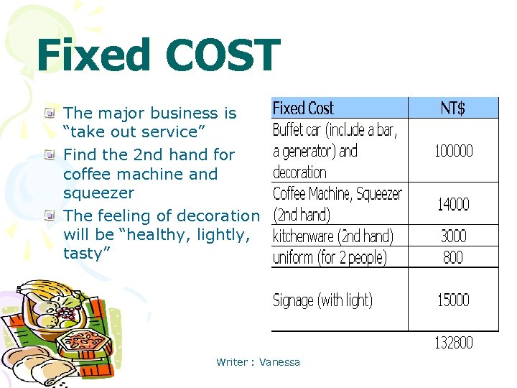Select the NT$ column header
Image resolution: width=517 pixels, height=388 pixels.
(452, 108)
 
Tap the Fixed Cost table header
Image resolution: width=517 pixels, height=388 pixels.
(303, 108)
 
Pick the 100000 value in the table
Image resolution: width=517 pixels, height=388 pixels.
(453, 151)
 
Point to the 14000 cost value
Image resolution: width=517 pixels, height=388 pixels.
(453, 205)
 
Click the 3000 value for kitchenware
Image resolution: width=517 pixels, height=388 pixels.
(453, 236)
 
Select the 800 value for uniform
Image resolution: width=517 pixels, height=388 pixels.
(453, 257)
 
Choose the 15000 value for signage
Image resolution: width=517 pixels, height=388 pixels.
(453, 300)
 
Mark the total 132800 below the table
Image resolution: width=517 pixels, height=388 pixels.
(453, 343)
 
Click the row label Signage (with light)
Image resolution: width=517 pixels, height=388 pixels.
(322, 300)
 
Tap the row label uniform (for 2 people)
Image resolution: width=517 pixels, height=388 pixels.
(330, 257)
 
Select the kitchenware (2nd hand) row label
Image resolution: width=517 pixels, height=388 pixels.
(333, 236)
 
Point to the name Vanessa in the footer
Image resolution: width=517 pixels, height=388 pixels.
(280, 362)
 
